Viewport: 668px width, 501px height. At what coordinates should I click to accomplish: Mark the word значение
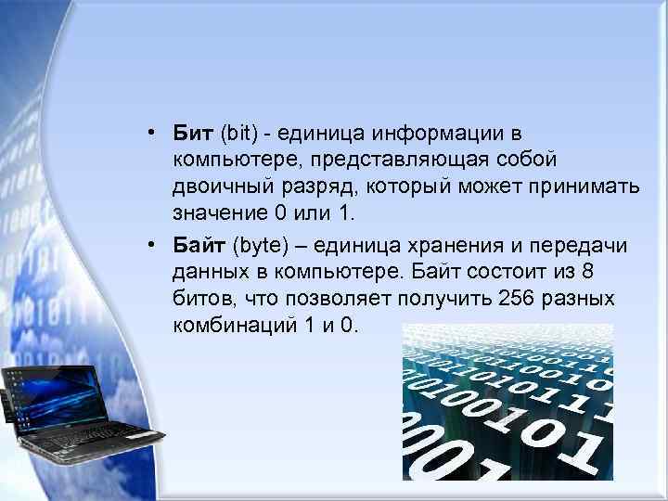pyautogui.click(x=219, y=214)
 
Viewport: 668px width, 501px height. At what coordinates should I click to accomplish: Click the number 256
pyautogui.click(x=515, y=299)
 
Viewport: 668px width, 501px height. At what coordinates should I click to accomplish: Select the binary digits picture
pyautogui.click(x=507, y=402)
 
